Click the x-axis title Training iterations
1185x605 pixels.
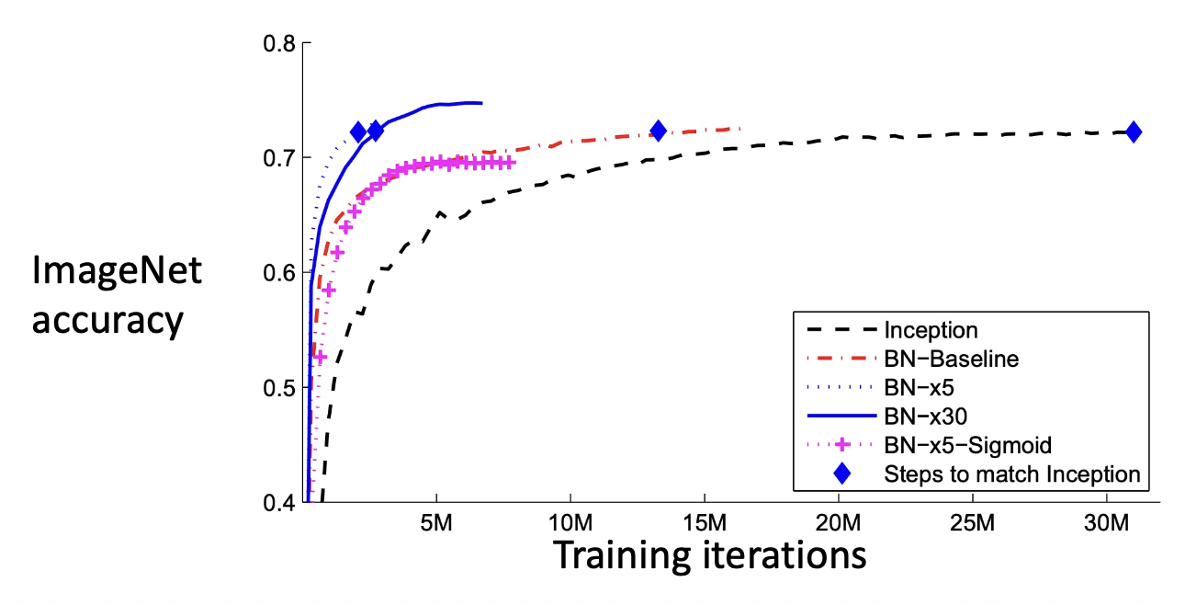click(x=708, y=555)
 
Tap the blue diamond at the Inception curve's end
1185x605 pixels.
click(x=1134, y=132)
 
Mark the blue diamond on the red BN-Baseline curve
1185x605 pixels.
click(x=658, y=131)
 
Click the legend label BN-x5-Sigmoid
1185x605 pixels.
click(x=967, y=446)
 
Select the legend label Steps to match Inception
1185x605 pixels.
click(x=1011, y=474)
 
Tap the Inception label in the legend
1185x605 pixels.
click(x=931, y=329)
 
